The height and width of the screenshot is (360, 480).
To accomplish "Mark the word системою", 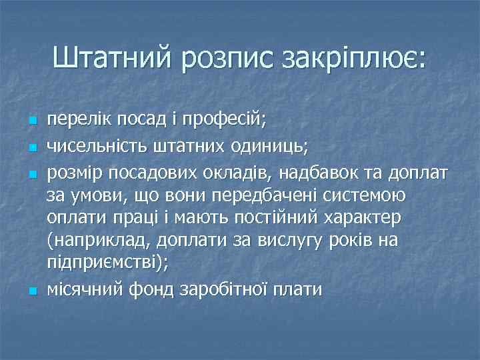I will tap(376, 197).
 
